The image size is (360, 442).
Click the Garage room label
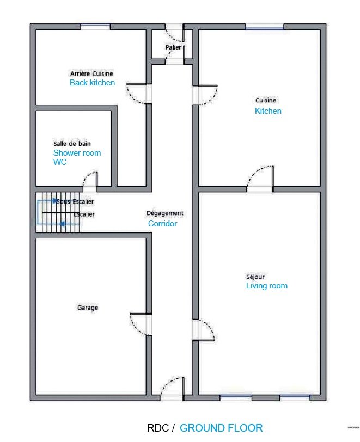tap(88, 308)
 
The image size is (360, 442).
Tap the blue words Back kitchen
tap(92, 83)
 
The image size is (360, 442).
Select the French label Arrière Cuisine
tap(91, 73)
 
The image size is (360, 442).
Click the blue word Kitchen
tap(268, 111)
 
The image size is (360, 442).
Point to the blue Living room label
tap(267, 286)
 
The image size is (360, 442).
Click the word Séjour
tap(255, 277)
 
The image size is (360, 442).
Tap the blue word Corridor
tap(162, 224)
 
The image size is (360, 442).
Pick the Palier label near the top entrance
tap(173, 47)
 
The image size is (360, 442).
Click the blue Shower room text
tap(77, 153)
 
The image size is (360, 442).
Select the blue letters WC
tap(60, 162)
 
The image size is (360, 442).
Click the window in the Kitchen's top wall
tap(265, 27)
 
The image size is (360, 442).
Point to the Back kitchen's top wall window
tap(95, 27)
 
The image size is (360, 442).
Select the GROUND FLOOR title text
tap(221, 428)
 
